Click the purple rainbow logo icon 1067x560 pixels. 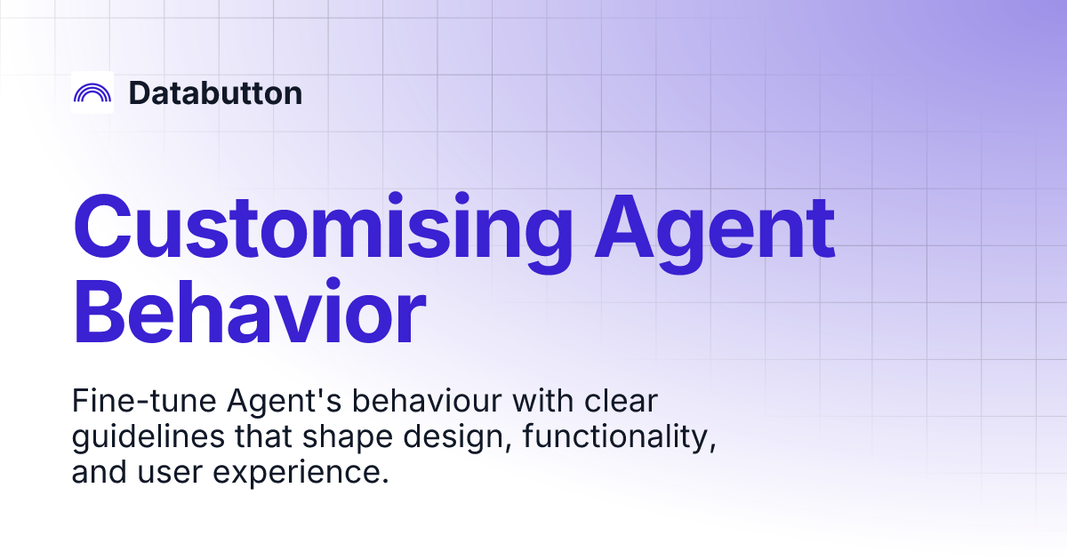coord(92,87)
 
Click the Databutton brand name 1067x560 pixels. coord(215,92)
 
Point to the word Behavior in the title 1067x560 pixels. coord(249,311)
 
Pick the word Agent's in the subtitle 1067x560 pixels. coord(285,402)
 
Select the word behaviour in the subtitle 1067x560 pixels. coord(428,401)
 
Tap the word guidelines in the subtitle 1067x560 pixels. coord(148,437)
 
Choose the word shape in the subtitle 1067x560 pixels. coord(348,437)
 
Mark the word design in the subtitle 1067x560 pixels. coord(458,437)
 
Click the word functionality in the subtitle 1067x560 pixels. coord(619,437)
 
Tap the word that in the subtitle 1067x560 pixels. coord(264,436)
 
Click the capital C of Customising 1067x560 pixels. coord(102,226)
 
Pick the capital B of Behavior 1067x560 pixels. coord(99,311)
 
